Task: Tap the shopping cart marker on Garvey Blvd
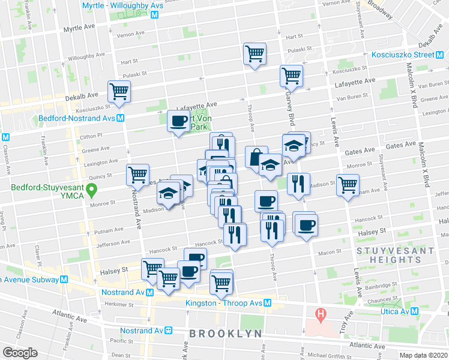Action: click(291, 76)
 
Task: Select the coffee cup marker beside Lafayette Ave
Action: click(178, 122)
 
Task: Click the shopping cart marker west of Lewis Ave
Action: click(348, 185)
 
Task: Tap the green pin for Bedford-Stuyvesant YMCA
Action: click(91, 191)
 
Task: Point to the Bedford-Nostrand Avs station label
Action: click(77, 118)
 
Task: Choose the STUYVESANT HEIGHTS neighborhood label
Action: click(388, 255)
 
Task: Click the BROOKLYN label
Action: click(225, 333)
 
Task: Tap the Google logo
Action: click(20, 353)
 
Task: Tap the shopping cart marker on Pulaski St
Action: click(255, 54)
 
